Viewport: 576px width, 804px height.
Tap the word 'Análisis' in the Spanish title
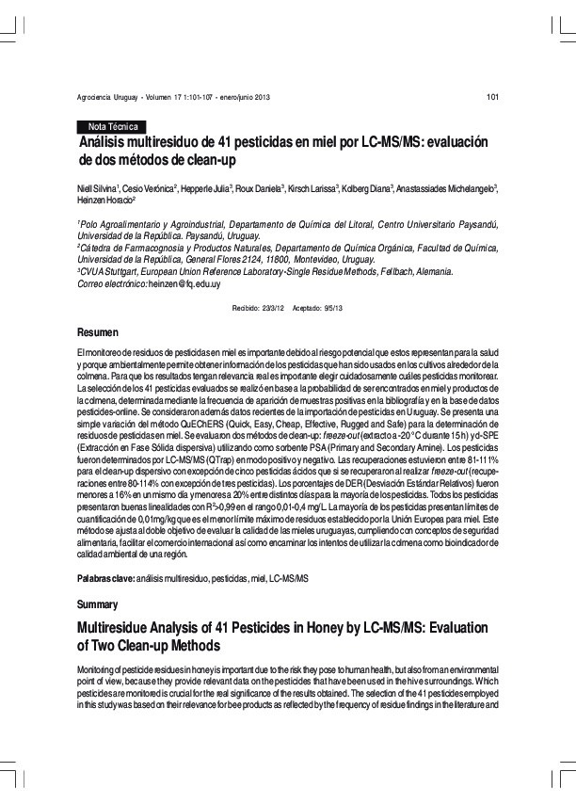point(105,143)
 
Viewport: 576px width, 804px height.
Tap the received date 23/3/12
point(272,308)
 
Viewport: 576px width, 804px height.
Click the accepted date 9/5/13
point(330,308)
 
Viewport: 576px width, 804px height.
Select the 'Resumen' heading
point(98,333)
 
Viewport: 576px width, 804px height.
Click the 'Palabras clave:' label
point(105,575)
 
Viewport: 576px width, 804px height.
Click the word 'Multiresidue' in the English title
point(120,626)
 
